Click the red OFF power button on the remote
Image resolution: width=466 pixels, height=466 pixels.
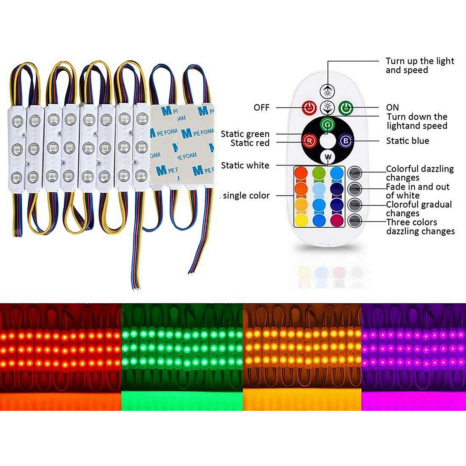click(x=310, y=108)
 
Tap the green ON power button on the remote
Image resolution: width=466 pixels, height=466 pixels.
click(x=345, y=108)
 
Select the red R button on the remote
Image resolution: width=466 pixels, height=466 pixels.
click(x=310, y=141)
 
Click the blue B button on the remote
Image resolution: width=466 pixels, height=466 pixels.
click(x=345, y=141)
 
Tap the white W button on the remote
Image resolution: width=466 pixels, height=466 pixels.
click(x=328, y=157)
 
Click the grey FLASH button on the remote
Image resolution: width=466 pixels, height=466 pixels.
click(x=355, y=173)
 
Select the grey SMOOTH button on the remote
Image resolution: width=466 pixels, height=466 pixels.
click(x=355, y=221)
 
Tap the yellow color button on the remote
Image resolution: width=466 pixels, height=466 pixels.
click(x=301, y=220)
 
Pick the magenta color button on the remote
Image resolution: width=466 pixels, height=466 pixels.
click(x=337, y=220)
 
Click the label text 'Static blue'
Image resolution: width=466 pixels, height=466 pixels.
click(x=407, y=141)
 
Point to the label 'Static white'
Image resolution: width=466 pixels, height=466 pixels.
click(x=245, y=165)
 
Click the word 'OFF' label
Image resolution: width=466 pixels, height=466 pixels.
click(x=261, y=108)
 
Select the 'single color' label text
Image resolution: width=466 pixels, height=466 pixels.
click(x=246, y=196)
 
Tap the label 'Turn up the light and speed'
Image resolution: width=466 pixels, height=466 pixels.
click(x=419, y=66)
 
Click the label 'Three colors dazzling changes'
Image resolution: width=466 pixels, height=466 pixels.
click(x=420, y=227)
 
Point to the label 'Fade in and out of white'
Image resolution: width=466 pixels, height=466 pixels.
click(x=417, y=191)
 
